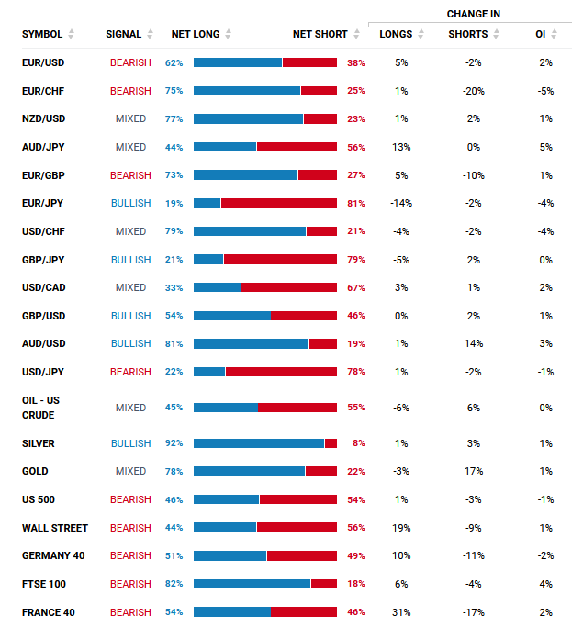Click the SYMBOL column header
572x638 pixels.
pyautogui.click(x=42, y=34)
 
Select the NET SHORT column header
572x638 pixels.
pyautogui.click(x=320, y=34)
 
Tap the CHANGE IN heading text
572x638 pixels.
pyautogui.click(x=474, y=14)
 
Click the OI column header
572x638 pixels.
pyautogui.click(x=540, y=34)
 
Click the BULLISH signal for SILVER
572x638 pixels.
pyautogui.click(x=130, y=443)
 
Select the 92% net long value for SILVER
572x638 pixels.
pyautogui.click(x=174, y=443)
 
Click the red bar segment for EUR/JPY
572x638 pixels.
pyautogui.click(x=279, y=203)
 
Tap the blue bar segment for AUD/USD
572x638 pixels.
pyautogui.click(x=251, y=343)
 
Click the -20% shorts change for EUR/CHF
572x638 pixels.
pyautogui.click(x=474, y=91)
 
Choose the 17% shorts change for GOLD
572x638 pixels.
pyautogui.click(x=474, y=471)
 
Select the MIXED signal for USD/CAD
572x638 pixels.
pyautogui.click(x=130, y=287)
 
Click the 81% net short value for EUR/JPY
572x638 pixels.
pyautogui.click(x=356, y=203)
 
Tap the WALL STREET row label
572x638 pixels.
pyautogui.click(x=55, y=528)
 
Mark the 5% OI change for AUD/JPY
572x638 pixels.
pyautogui.click(x=545, y=147)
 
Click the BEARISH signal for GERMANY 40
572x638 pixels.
pyautogui.click(x=130, y=555)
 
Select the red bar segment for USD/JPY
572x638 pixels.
pyautogui.click(x=281, y=372)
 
